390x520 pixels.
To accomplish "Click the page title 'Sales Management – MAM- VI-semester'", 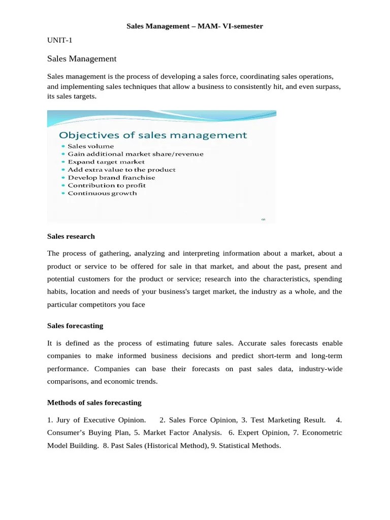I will point(194,26).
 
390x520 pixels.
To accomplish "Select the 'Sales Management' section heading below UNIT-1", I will point(82,59).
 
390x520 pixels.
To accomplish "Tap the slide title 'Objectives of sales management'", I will point(153,136).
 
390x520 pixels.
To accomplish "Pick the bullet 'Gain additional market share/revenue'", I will point(135,154).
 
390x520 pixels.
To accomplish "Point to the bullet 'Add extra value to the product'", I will point(121,170).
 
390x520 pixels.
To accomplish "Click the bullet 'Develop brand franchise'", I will point(111,178).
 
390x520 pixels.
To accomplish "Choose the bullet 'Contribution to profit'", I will point(106,185).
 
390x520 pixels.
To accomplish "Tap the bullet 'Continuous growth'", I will point(102,193).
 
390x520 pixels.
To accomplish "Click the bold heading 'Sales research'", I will point(71,237).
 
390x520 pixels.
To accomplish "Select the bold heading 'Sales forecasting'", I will point(75,326).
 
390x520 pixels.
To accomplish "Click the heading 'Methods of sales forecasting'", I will point(94,403).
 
